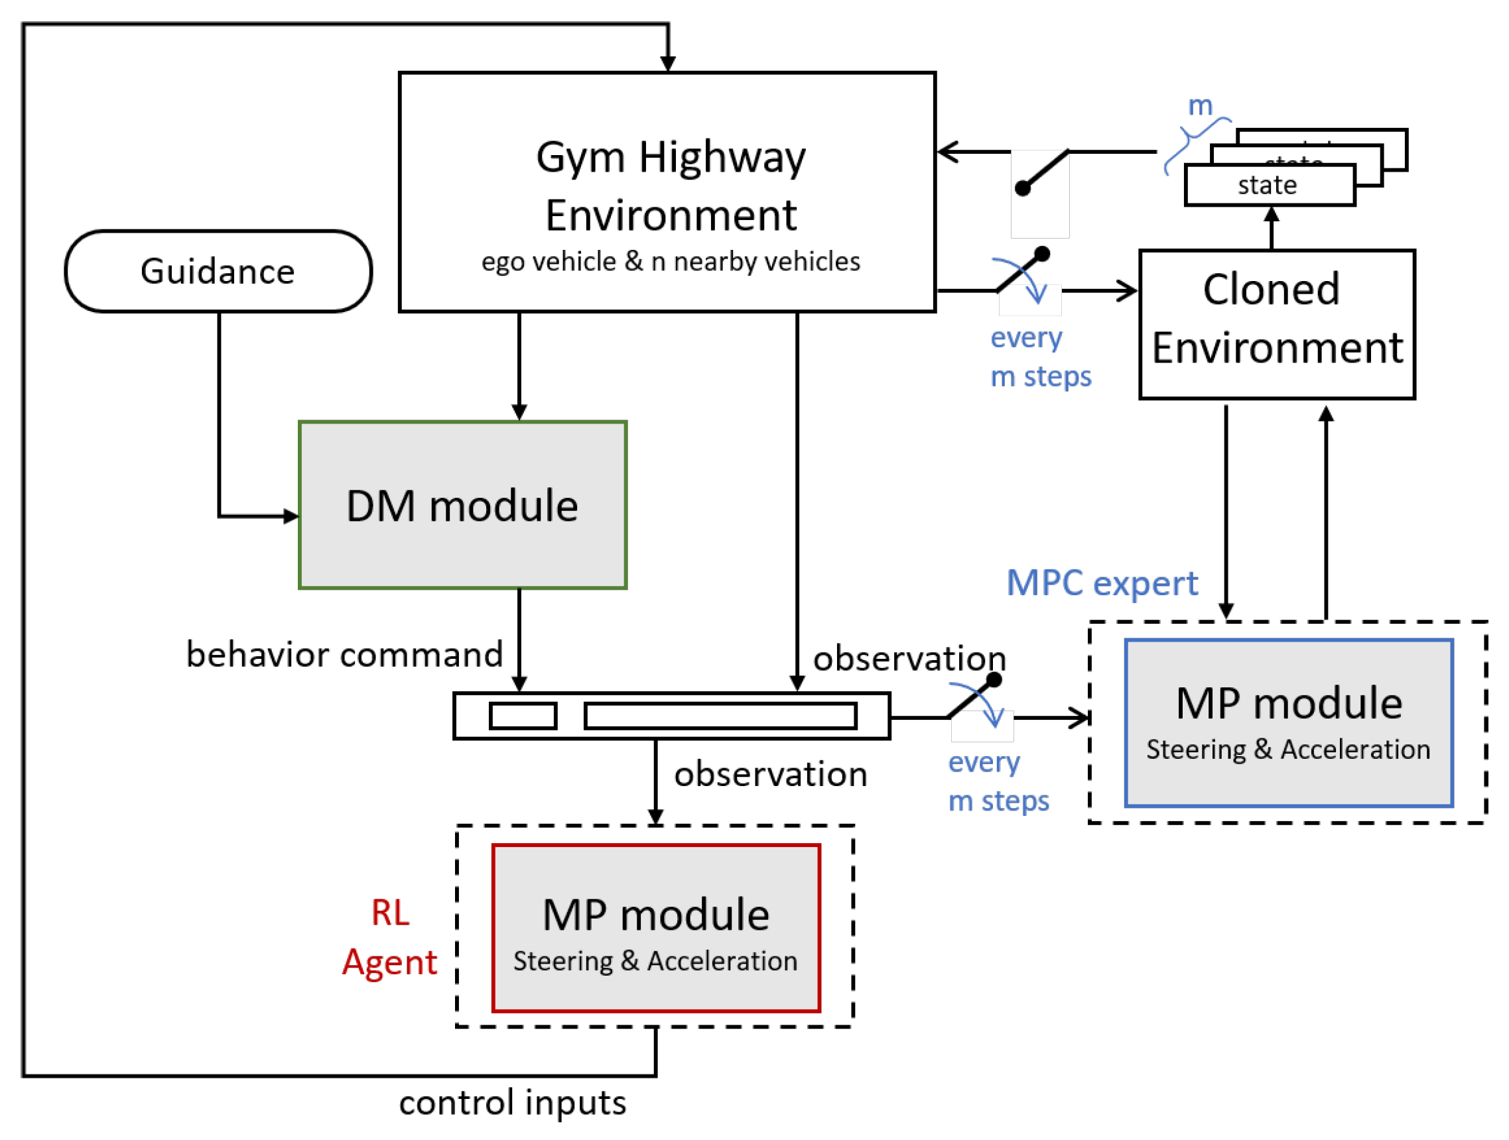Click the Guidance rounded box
[218, 271]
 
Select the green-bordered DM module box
[462, 505]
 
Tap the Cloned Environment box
[1276, 324]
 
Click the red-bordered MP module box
[655, 928]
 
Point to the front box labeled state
[1269, 185]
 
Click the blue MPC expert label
[1101, 583]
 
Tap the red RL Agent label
[389, 937]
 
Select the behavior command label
[344, 655]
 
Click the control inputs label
[512, 1102]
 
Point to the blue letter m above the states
[1200, 105]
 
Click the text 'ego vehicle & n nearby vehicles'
[670, 262]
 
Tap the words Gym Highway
[670, 157]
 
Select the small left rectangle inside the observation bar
[523, 716]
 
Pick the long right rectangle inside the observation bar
[720, 716]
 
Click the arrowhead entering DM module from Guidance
[292, 516]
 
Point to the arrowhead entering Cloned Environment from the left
[1128, 291]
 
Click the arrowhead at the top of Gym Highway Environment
[668, 64]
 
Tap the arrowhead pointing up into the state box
[1271, 214]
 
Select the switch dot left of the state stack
[1023, 188]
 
